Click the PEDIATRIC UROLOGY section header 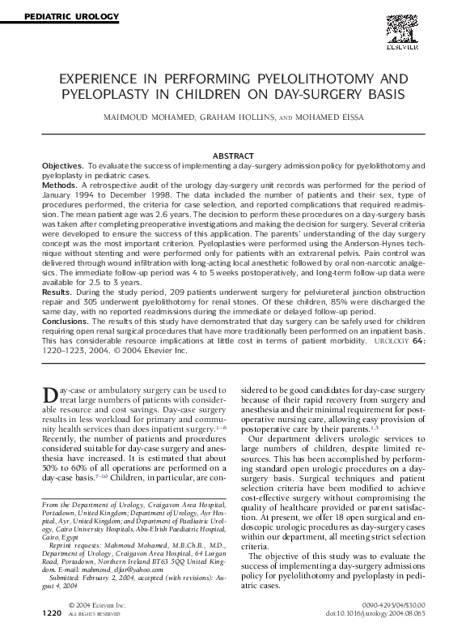click(x=62, y=16)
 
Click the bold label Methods click(x=59, y=185)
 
